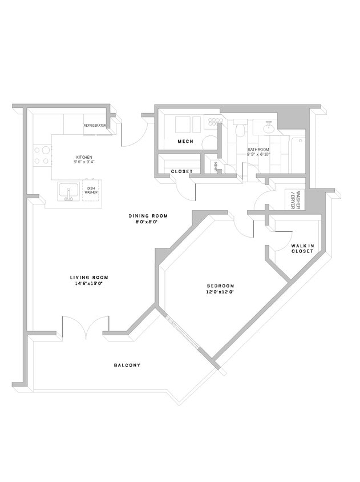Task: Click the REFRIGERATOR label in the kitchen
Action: point(96,125)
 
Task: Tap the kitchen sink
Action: point(68,192)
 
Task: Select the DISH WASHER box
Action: point(91,190)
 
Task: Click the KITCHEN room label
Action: point(84,157)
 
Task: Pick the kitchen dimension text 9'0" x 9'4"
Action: point(84,162)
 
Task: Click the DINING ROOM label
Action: point(148,215)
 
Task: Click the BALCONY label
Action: point(127,365)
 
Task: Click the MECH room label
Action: point(185,141)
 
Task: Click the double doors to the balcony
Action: point(84,328)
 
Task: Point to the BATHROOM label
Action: point(258,150)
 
